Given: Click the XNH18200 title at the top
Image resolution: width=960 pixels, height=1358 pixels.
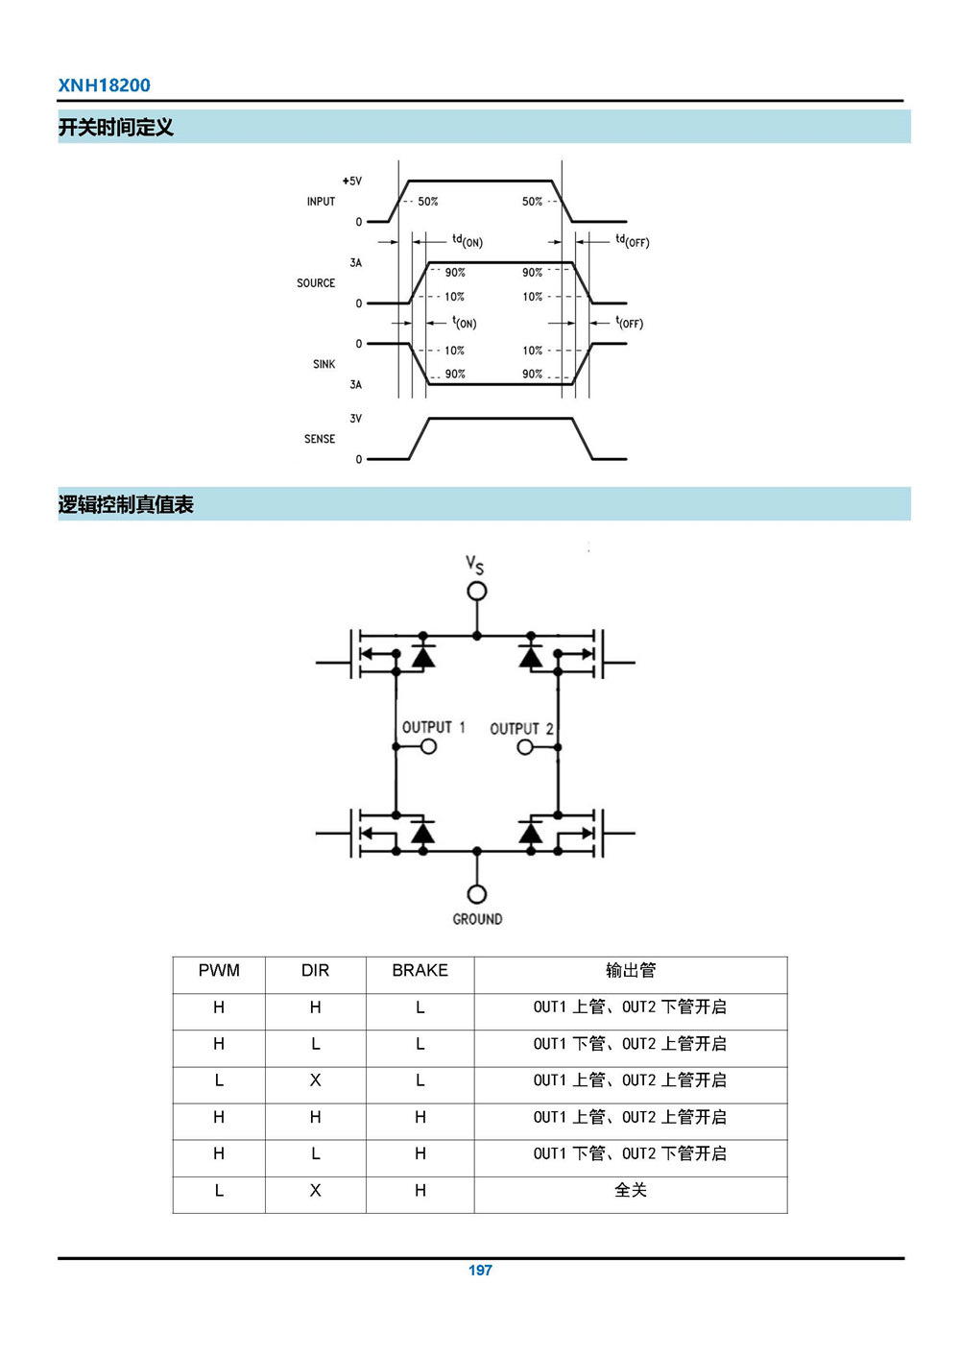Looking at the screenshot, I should point(104,85).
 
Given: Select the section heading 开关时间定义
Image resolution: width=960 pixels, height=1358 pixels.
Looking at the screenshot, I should point(115,127).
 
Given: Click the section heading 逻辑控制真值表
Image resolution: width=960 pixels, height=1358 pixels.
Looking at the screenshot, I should point(126,504).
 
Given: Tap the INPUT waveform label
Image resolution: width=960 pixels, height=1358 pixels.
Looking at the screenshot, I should point(321,202).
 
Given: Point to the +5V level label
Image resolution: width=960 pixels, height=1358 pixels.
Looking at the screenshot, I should point(351,181).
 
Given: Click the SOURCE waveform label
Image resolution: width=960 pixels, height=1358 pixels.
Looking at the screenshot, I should point(316,283).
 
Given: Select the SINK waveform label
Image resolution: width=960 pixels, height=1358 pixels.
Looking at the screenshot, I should point(324,364).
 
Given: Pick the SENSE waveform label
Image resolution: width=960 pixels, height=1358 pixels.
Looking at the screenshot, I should point(320,439).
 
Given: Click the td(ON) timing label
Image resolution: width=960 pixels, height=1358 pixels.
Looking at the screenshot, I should point(468,240).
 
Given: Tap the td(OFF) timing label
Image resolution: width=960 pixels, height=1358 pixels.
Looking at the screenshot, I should point(632,240).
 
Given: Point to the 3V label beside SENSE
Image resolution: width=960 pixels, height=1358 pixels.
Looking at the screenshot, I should point(355,419).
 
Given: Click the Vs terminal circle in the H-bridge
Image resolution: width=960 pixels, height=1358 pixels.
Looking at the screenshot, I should point(477,591).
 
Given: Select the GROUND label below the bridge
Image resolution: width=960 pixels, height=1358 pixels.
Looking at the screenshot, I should point(477,919).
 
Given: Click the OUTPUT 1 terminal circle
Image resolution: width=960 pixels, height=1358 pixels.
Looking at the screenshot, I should point(428,746).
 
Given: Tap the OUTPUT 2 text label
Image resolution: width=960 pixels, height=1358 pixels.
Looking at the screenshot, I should point(521,729).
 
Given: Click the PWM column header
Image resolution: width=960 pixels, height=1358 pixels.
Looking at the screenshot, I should point(219,971).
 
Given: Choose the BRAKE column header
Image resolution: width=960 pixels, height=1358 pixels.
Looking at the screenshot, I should point(420,971).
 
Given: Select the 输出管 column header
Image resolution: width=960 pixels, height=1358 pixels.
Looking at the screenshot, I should point(630,971).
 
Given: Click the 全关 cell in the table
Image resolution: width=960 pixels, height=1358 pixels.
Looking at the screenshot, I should point(630,1191).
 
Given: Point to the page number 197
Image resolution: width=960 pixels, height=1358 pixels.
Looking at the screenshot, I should point(480,1271).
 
